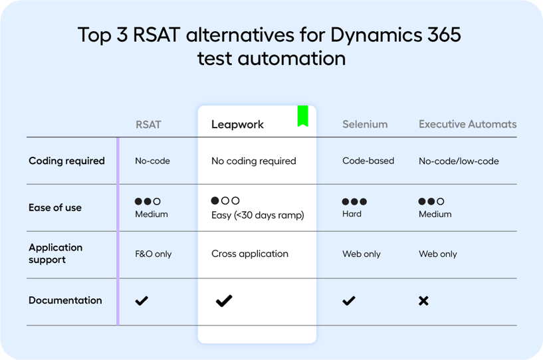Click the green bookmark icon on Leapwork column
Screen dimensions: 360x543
tap(302, 116)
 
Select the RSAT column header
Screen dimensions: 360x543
tap(148, 124)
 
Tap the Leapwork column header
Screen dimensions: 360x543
tap(237, 124)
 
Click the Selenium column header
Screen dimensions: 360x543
tap(365, 124)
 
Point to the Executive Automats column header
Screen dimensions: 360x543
tap(467, 124)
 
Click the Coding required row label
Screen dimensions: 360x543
tap(66, 161)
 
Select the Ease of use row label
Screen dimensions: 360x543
tap(55, 207)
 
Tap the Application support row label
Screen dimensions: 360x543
tap(56, 253)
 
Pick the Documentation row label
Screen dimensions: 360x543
tap(65, 300)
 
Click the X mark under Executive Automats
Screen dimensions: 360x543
tap(423, 301)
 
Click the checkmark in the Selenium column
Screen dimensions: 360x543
tap(348, 301)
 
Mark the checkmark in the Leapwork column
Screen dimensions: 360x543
tap(224, 301)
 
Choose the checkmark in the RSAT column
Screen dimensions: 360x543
tap(142, 301)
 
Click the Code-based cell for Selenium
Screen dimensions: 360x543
tap(368, 161)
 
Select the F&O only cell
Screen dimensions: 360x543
tap(154, 254)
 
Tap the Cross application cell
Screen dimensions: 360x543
tap(250, 254)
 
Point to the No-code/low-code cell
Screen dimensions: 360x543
tap(459, 161)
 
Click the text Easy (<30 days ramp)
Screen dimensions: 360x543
tap(257, 215)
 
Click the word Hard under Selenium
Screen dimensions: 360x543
tap(352, 214)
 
